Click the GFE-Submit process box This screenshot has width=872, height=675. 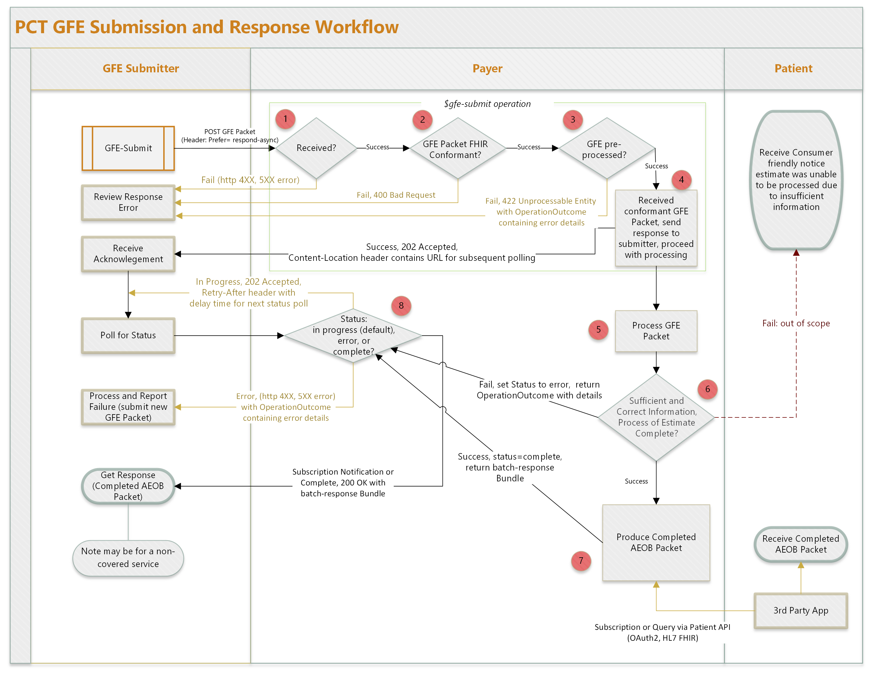[128, 148]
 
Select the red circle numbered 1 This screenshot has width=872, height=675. [285, 119]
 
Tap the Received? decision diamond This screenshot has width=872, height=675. [316, 148]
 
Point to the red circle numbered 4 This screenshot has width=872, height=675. [681, 179]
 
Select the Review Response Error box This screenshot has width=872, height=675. [128, 202]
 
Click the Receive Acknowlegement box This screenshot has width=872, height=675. [128, 254]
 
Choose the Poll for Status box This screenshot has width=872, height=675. [128, 335]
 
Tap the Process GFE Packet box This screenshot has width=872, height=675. [656, 331]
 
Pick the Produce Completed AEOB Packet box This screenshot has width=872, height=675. [656, 543]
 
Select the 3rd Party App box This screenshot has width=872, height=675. [800, 610]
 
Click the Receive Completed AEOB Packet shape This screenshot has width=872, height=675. [800, 544]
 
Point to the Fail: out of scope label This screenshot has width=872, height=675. [796, 323]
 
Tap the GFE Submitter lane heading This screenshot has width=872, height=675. [141, 69]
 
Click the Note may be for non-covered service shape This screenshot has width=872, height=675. [128, 558]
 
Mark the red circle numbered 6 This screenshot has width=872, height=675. [707, 389]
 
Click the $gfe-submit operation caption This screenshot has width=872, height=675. [487, 104]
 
